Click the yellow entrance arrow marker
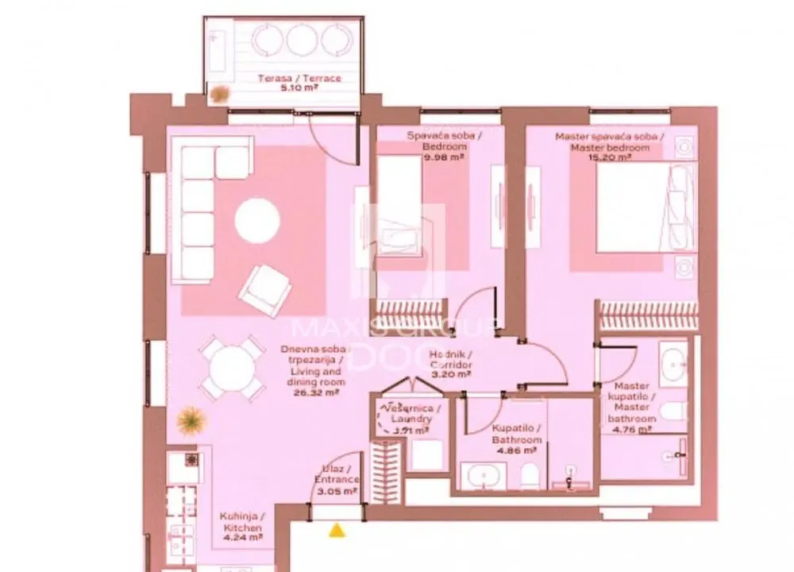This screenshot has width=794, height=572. tap(338, 528)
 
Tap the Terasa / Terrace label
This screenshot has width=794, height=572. tap(299, 79)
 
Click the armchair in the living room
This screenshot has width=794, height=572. tap(264, 291)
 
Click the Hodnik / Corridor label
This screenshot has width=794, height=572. tap(451, 360)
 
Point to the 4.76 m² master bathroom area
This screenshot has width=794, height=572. tap(632, 430)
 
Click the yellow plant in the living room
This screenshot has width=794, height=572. tap(191, 419)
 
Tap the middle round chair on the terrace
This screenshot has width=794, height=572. tap(302, 40)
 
